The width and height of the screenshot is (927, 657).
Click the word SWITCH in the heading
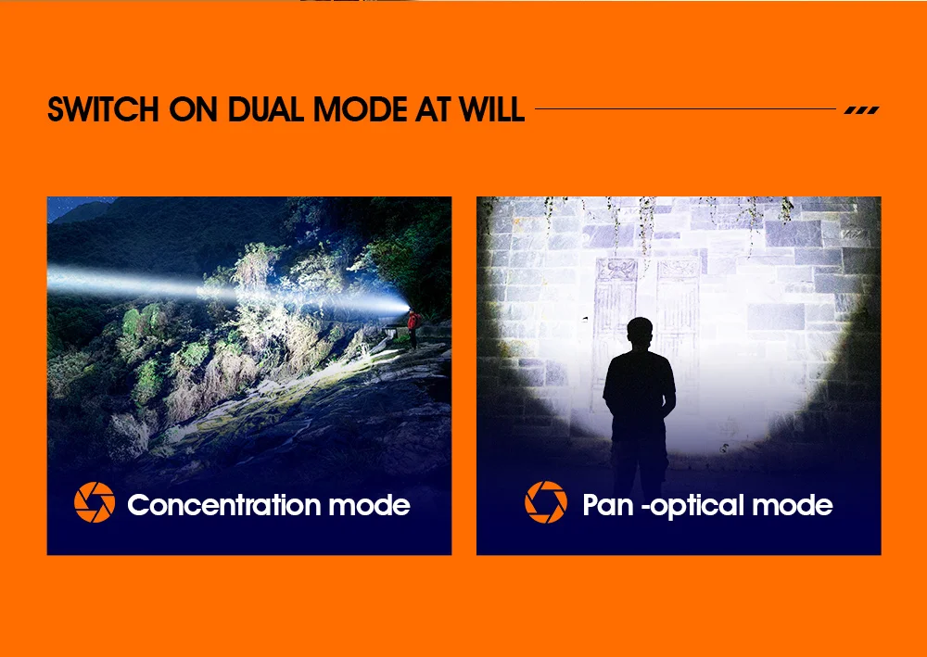[103, 109]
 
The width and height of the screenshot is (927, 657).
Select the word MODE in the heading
[361, 109]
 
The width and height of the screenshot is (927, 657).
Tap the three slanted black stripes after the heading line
[862, 110]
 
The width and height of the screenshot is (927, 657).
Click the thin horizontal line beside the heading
[685, 108]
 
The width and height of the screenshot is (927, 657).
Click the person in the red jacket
[413, 328]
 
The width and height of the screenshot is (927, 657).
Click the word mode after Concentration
[370, 505]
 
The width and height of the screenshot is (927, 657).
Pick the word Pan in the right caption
[608, 506]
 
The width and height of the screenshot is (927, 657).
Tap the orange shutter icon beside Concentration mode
[95, 502]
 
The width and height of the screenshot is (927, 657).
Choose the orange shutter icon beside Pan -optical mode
[546, 502]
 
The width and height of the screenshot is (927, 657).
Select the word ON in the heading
[194, 109]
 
